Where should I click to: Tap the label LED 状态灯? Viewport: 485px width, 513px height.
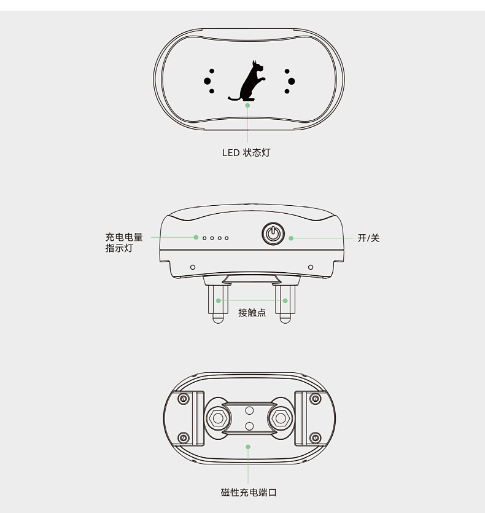point(246,153)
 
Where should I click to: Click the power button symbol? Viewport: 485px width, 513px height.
point(273,233)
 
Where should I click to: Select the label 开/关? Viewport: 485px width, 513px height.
point(368,238)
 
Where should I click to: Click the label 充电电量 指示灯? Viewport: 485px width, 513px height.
point(124,243)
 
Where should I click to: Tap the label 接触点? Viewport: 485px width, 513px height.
point(252,313)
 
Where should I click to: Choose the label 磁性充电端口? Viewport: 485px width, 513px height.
point(249,492)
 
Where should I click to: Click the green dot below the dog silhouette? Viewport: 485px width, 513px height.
point(247,105)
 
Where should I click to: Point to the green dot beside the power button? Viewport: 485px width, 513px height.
point(291,238)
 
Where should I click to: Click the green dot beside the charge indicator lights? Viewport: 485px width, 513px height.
point(196,237)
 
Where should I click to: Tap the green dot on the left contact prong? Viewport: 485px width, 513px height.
point(218,300)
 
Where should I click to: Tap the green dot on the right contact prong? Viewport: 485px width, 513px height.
point(285,300)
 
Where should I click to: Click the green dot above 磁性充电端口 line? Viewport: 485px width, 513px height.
point(248,447)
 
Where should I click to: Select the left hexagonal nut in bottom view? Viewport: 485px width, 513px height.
point(218,418)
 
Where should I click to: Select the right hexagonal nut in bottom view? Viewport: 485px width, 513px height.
point(281,418)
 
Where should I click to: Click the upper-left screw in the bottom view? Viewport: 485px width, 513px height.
point(183,399)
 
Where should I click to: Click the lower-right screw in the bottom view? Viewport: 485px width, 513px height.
point(316,437)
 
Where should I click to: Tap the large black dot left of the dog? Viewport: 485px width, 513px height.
point(208,81)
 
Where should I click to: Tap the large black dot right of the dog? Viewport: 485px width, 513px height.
point(292,81)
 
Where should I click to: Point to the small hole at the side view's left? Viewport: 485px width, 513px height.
point(193,267)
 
